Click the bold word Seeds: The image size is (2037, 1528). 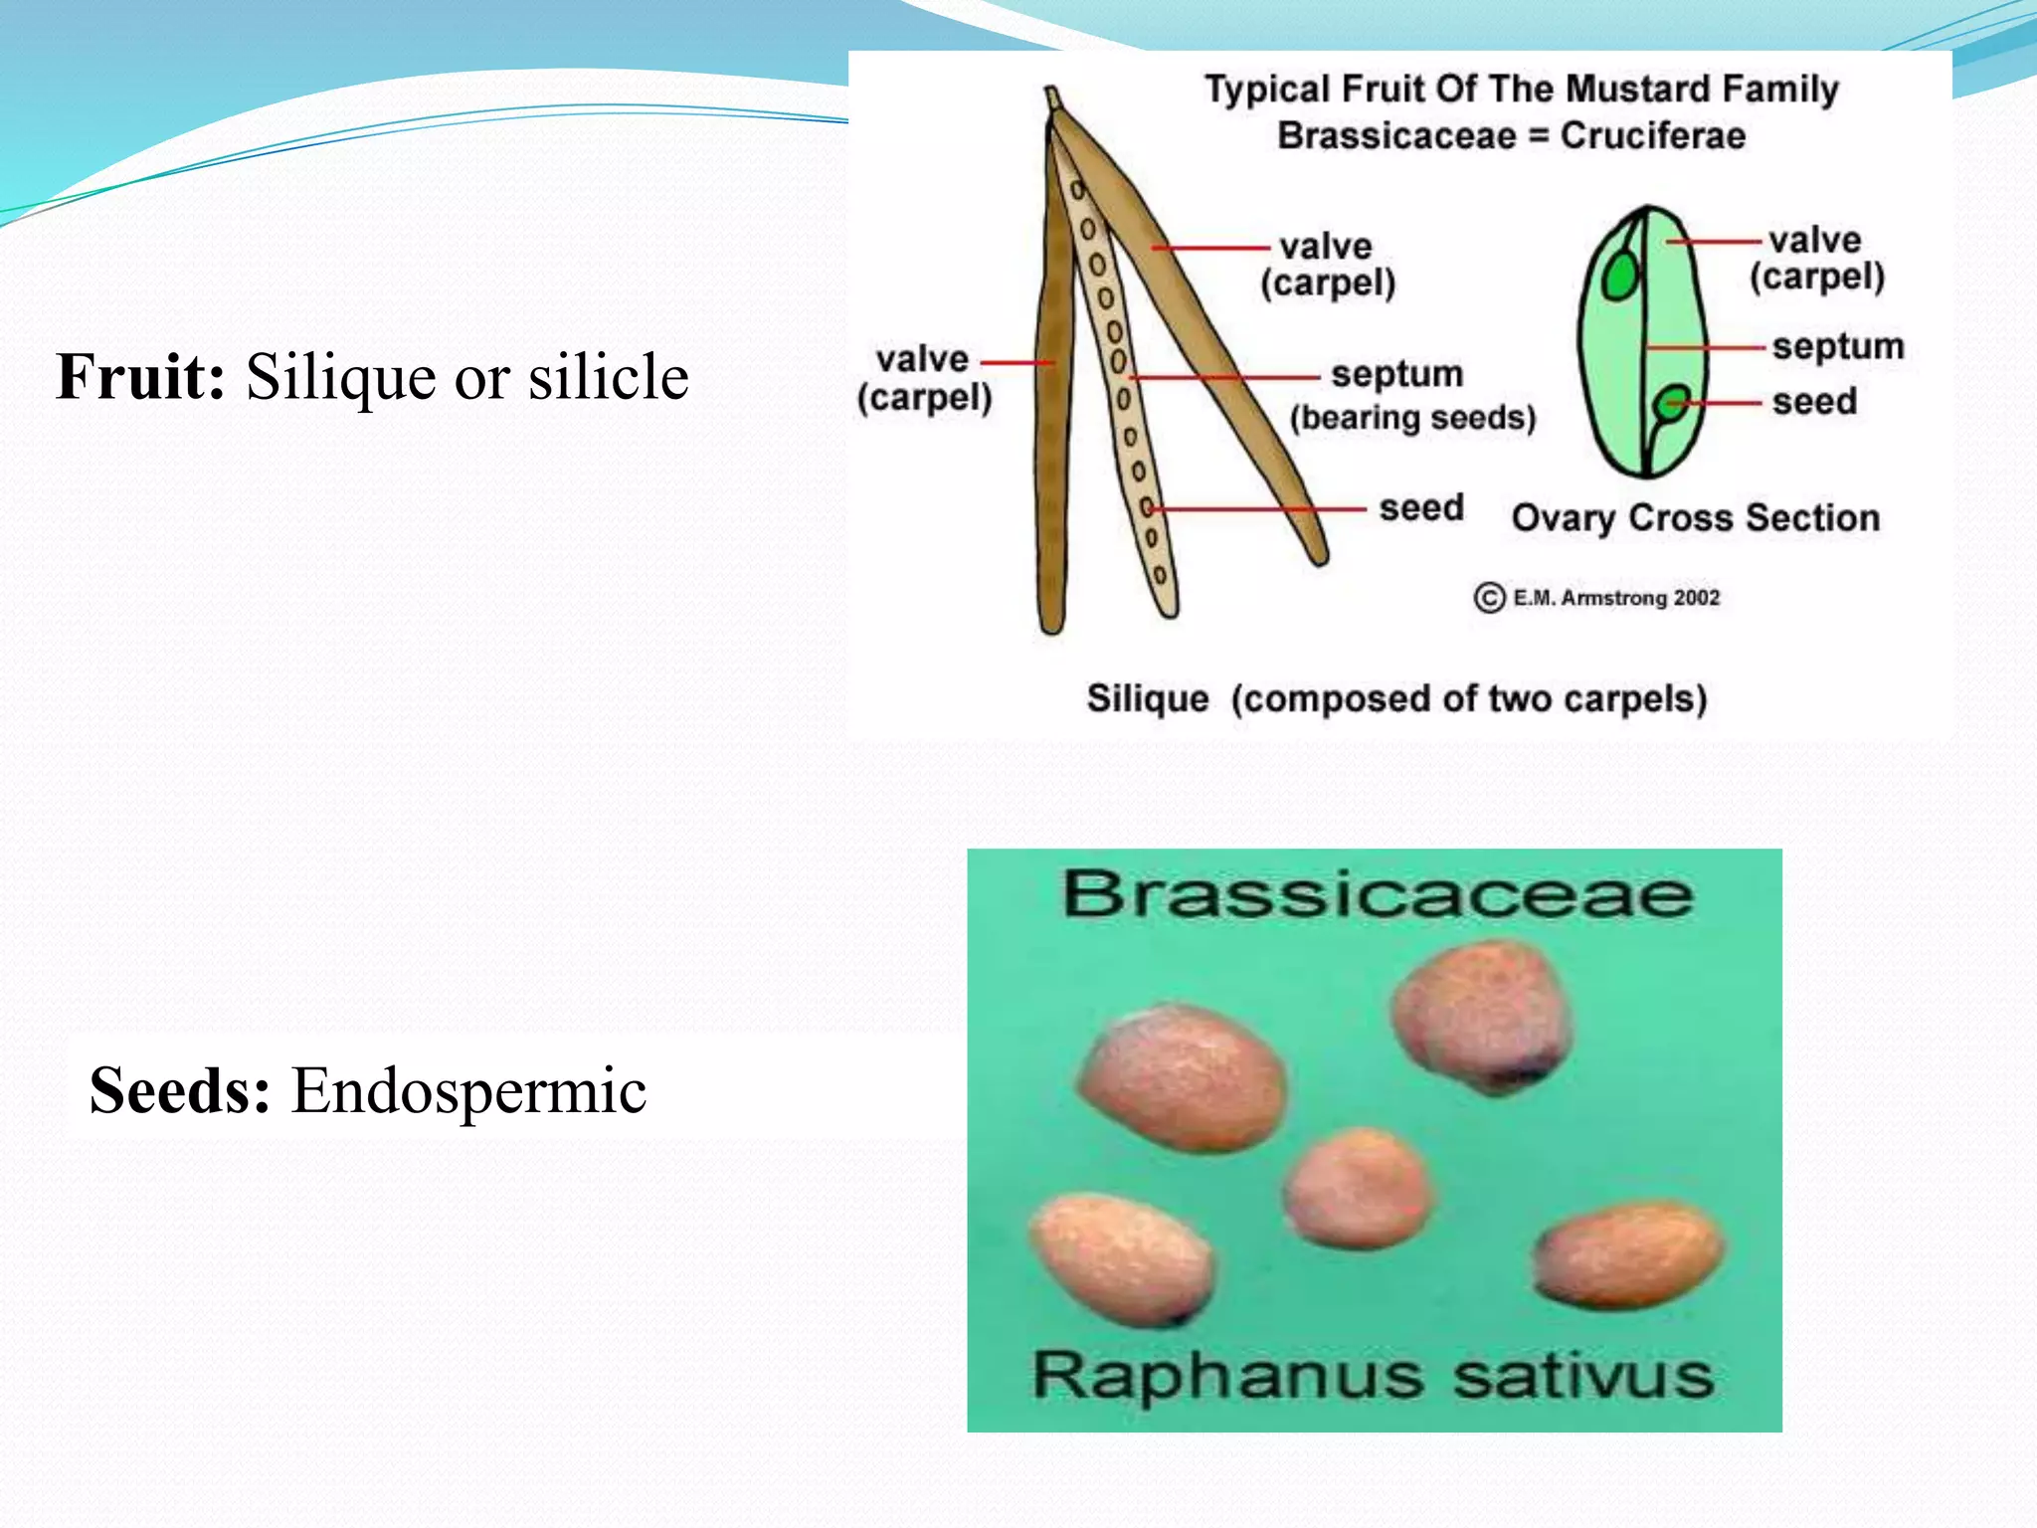(x=179, y=1090)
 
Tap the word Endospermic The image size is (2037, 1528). (x=468, y=1090)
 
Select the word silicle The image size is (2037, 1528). (x=608, y=377)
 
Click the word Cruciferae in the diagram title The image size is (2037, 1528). (x=1652, y=135)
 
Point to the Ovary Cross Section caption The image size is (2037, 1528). (x=1695, y=518)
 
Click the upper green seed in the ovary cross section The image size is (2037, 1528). (x=1620, y=275)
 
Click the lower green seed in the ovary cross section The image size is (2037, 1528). (x=1672, y=404)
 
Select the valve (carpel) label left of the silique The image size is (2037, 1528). (x=924, y=378)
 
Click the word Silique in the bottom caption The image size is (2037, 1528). (x=1147, y=698)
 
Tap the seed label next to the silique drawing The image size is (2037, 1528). (x=1420, y=508)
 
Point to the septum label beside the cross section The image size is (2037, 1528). (x=1837, y=346)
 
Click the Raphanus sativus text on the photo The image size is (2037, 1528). (x=1373, y=1376)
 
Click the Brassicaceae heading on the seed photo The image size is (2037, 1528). (x=1377, y=893)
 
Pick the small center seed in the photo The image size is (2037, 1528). (x=1359, y=1188)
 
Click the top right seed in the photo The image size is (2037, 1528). (x=1482, y=1016)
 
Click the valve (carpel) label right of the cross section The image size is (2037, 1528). (x=1816, y=258)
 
